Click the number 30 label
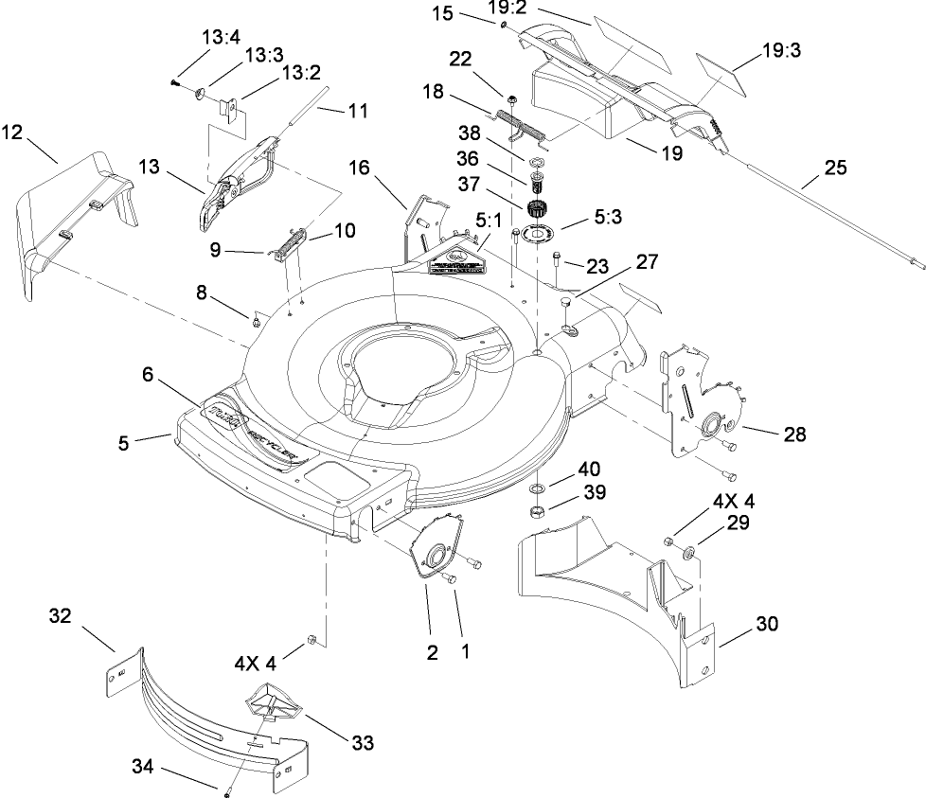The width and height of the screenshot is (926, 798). pos(767,624)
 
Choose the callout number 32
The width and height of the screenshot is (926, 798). pos(61,617)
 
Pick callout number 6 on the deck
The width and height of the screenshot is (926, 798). pos(147,374)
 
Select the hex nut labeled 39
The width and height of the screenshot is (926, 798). pos(536,513)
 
